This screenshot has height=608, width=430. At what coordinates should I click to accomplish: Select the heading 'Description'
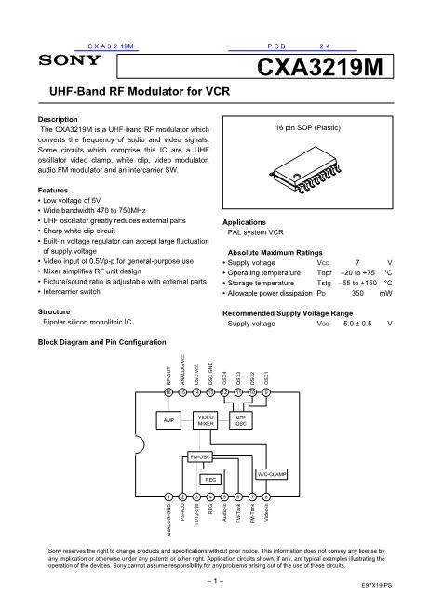click(59, 121)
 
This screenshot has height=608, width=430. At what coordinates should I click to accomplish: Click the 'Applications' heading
click(248, 223)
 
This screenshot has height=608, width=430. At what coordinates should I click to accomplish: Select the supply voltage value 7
click(344, 263)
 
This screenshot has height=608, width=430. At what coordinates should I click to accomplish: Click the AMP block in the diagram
click(168, 420)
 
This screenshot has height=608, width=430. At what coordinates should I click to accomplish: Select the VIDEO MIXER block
click(206, 420)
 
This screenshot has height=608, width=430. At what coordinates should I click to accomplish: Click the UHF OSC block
click(240, 420)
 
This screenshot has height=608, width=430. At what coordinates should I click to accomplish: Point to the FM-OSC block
click(199, 457)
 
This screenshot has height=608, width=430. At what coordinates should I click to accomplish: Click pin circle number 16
click(168, 393)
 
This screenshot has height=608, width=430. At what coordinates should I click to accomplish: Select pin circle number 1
click(168, 498)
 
